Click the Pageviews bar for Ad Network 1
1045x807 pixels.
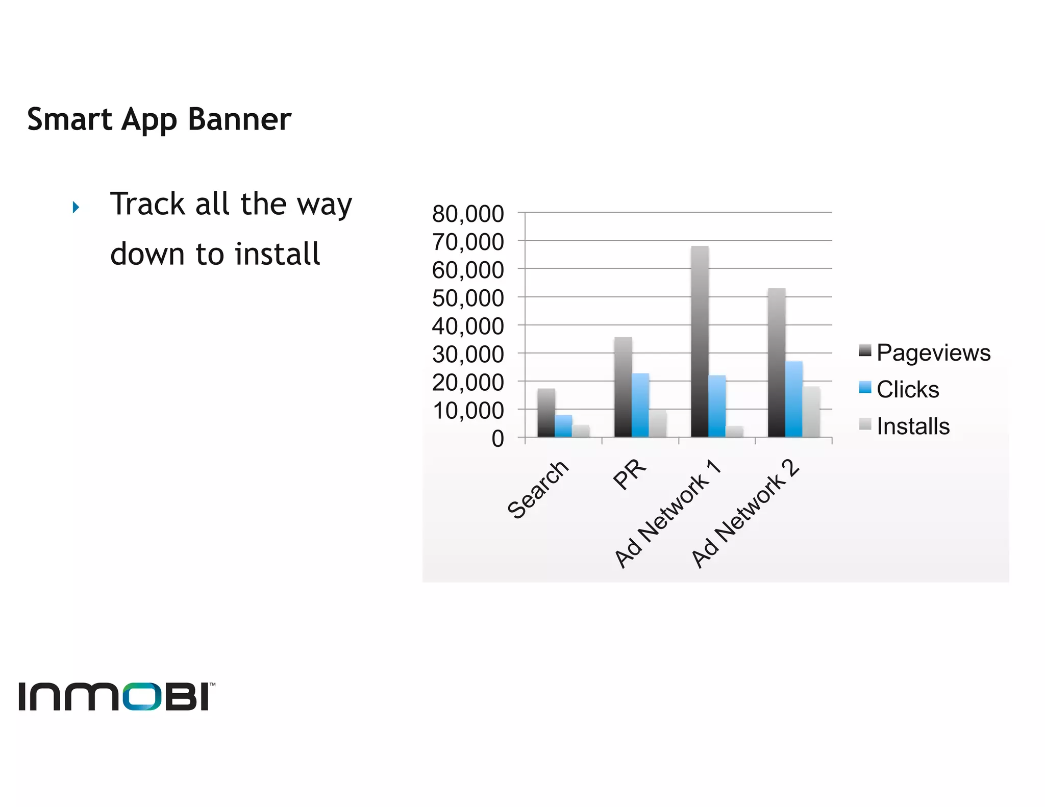click(x=700, y=342)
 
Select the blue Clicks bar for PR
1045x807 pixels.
click(x=640, y=405)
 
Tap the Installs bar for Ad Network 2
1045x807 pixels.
click(x=811, y=412)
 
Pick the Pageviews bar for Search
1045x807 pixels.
click(x=546, y=413)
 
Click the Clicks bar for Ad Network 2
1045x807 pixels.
click(x=793, y=399)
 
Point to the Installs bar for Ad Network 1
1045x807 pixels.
click(x=734, y=432)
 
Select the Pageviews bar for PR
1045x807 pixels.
click(x=623, y=387)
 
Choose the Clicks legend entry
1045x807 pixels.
click(x=907, y=389)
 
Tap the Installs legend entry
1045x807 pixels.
click(x=912, y=426)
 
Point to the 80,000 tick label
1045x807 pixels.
click(x=467, y=214)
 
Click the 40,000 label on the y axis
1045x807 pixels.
click(x=467, y=326)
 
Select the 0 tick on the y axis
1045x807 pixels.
click(x=497, y=439)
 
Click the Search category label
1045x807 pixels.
click(x=538, y=490)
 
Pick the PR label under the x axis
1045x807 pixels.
click(x=630, y=474)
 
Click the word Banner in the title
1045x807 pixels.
click(x=239, y=119)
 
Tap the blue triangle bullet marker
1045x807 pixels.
click(x=76, y=207)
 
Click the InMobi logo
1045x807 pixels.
click(x=116, y=696)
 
